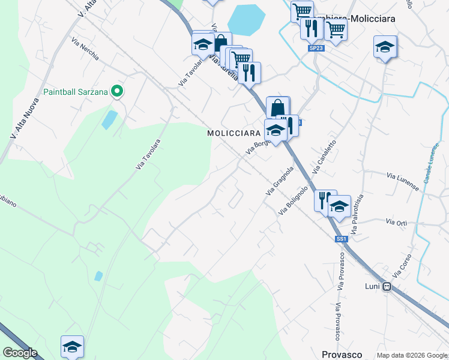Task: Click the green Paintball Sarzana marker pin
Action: [x=118, y=92]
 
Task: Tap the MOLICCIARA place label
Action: [x=234, y=133]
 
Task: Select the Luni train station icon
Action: [x=387, y=287]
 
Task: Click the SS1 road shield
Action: [x=341, y=239]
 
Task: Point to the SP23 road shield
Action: [x=316, y=47]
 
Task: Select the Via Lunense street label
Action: [x=403, y=182]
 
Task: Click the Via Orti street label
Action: [x=397, y=223]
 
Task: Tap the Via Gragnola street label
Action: [x=280, y=181]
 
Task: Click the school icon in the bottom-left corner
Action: [x=72, y=347]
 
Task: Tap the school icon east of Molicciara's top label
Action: [x=385, y=47]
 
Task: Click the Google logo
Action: [x=20, y=353]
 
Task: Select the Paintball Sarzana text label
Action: [x=76, y=92]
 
